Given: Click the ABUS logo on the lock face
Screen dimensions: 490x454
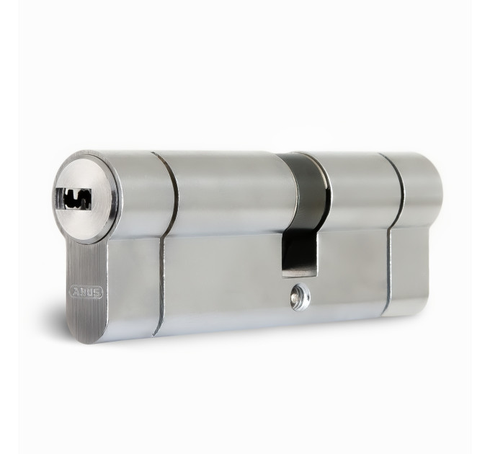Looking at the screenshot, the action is click(x=86, y=292).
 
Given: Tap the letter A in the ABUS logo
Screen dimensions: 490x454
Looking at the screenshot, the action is click(x=76, y=292).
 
